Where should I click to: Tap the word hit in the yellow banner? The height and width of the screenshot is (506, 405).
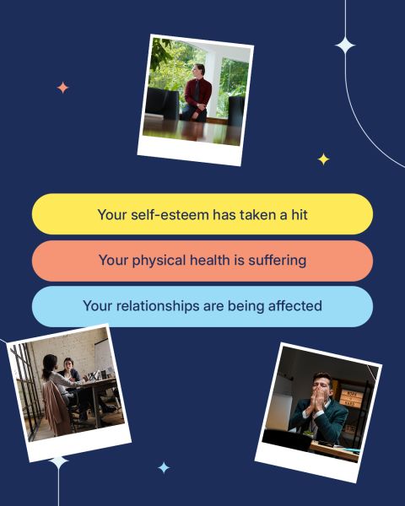tap(300, 214)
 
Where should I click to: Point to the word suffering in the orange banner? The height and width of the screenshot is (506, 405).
tap(277, 261)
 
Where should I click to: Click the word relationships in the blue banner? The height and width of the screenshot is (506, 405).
tap(158, 306)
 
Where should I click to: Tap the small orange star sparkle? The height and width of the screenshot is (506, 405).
tap(62, 88)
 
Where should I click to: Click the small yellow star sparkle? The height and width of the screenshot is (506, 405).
tap(323, 159)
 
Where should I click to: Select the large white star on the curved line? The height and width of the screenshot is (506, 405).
tap(345, 46)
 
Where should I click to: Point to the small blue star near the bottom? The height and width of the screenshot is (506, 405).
tap(164, 467)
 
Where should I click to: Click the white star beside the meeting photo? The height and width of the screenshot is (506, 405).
tap(59, 462)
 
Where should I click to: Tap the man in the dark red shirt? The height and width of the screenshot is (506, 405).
tap(197, 94)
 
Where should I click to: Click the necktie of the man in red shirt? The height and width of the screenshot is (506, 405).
tap(197, 91)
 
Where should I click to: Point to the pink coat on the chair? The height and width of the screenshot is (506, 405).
tap(57, 408)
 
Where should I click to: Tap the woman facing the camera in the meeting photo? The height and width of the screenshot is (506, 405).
tap(69, 371)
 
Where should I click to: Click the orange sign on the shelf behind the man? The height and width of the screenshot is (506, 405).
tap(352, 398)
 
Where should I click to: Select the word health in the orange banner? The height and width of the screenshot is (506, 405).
tap(209, 260)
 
